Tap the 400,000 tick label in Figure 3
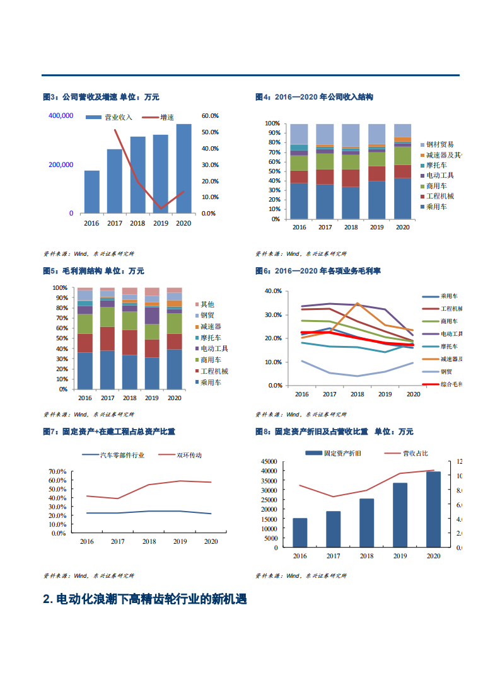(x=61, y=116)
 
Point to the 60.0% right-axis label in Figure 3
(x=210, y=116)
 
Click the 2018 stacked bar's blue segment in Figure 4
(x=351, y=203)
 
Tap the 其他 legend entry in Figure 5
(x=207, y=304)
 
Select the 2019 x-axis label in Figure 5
(x=152, y=398)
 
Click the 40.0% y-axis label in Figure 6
(x=272, y=291)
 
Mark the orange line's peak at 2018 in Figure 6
(x=358, y=304)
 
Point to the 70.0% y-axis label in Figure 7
(x=57, y=471)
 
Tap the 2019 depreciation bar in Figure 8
(x=400, y=515)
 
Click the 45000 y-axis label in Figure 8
(x=269, y=462)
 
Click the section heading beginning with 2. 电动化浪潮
(x=144, y=599)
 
